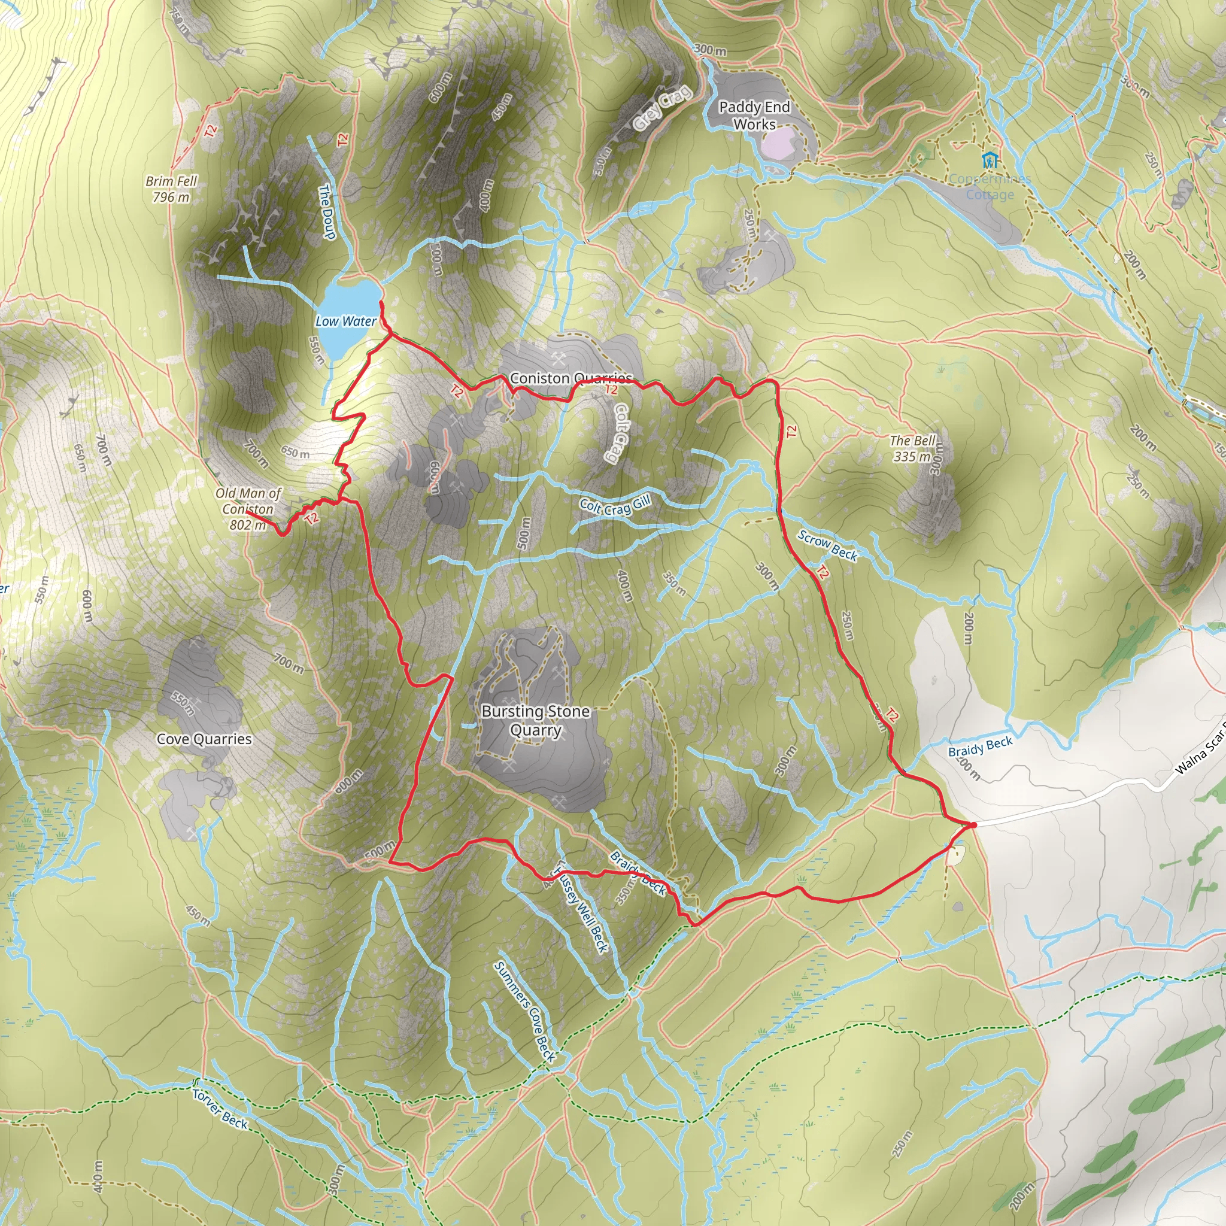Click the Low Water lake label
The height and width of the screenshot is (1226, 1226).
pyautogui.click(x=346, y=321)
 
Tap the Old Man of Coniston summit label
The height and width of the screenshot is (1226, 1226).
pyautogui.click(x=247, y=509)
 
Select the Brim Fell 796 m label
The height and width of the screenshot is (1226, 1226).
pyautogui.click(x=171, y=189)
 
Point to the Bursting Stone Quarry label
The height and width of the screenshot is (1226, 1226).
pyautogui.click(x=536, y=720)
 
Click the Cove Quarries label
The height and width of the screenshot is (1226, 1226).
pyautogui.click(x=204, y=739)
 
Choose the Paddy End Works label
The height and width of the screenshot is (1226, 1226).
pyautogui.click(x=754, y=116)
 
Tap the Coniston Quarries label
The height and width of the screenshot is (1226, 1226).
pyautogui.click(x=570, y=378)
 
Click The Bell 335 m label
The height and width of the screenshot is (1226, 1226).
pyautogui.click(x=912, y=448)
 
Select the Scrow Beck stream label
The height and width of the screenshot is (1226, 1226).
pyautogui.click(x=827, y=546)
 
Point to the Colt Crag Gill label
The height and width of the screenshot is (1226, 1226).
pyautogui.click(x=615, y=506)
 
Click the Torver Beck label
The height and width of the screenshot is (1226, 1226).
pyautogui.click(x=220, y=1109)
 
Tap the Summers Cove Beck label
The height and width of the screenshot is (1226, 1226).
pyautogui.click(x=526, y=1012)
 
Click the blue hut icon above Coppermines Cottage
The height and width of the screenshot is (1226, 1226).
pyautogui.click(x=990, y=160)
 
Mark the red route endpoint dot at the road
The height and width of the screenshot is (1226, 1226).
pyautogui.click(x=973, y=825)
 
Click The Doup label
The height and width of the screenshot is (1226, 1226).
pyautogui.click(x=326, y=212)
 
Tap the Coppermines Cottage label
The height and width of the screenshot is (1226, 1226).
pyautogui.click(x=990, y=187)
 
